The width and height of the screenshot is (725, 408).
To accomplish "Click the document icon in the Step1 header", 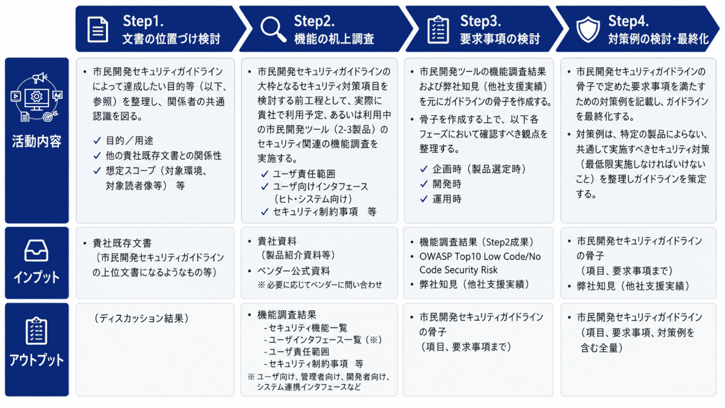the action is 97,30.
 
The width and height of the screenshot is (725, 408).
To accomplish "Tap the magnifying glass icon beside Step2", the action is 273,29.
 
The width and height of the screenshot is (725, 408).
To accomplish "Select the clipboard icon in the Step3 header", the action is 438,30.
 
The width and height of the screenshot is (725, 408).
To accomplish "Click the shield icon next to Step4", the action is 588,30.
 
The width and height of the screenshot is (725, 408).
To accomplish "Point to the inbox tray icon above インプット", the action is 36,250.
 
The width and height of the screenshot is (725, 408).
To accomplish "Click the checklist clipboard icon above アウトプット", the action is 36,331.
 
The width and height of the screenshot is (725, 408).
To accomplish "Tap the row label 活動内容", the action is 37,141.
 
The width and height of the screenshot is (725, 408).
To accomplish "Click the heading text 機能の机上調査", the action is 333,39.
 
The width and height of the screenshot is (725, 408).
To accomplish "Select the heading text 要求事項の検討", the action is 500,39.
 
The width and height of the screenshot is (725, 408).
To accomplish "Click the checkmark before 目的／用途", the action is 97,141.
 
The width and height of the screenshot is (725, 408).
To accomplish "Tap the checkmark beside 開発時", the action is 424,184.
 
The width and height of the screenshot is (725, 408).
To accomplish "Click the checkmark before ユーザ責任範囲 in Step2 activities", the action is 265,174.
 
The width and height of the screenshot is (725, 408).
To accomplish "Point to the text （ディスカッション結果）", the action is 141,319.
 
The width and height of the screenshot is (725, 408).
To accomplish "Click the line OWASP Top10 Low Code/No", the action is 480,257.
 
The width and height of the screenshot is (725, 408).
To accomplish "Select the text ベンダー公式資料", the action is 294,271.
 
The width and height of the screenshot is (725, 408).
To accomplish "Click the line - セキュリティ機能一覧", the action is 306,328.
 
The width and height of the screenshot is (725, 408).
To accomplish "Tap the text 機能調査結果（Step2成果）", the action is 477,242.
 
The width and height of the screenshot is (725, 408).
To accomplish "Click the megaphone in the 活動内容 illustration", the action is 40,78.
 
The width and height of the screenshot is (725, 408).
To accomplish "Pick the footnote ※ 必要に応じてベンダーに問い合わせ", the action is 320,285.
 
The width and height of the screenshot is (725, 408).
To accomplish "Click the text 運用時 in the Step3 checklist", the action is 446,199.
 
